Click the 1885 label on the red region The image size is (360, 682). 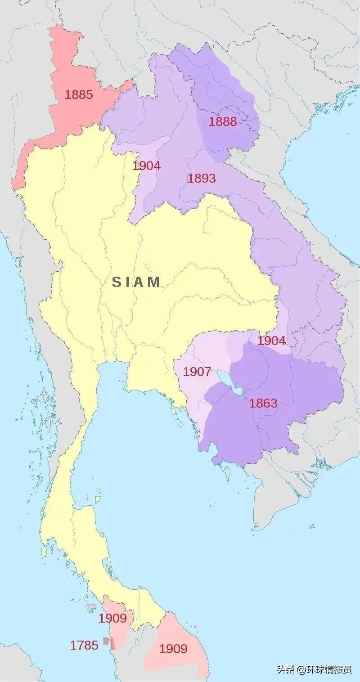coord(79,95)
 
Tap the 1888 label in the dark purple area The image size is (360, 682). coord(222,121)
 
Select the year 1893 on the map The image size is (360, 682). coord(202,178)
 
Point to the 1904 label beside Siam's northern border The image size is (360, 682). coord(146,166)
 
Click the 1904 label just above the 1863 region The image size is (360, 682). coord(271,341)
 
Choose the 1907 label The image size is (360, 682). coord(197,372)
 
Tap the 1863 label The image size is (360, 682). coord(263,403)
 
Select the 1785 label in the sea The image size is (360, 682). coord(84,645)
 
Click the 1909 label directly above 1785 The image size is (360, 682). coord(112,618)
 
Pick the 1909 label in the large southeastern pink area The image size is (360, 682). coord(173,649)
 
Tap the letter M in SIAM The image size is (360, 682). coord(154,282)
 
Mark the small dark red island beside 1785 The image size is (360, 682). coord(105,640)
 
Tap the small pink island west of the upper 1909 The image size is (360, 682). coord(91,607)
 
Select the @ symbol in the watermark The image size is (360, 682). coord(301,669)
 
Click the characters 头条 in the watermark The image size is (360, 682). coord(285,669)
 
